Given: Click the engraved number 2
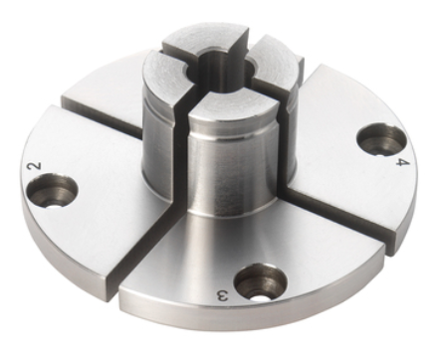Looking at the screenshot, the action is (x=36, y=165).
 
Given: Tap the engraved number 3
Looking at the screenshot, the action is (x=223, y=294).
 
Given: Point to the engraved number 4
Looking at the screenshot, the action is (x=403, y=162).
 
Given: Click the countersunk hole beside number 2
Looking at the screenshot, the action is (x=52, y=191).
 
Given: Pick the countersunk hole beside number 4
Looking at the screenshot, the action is (x=380, y=139).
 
